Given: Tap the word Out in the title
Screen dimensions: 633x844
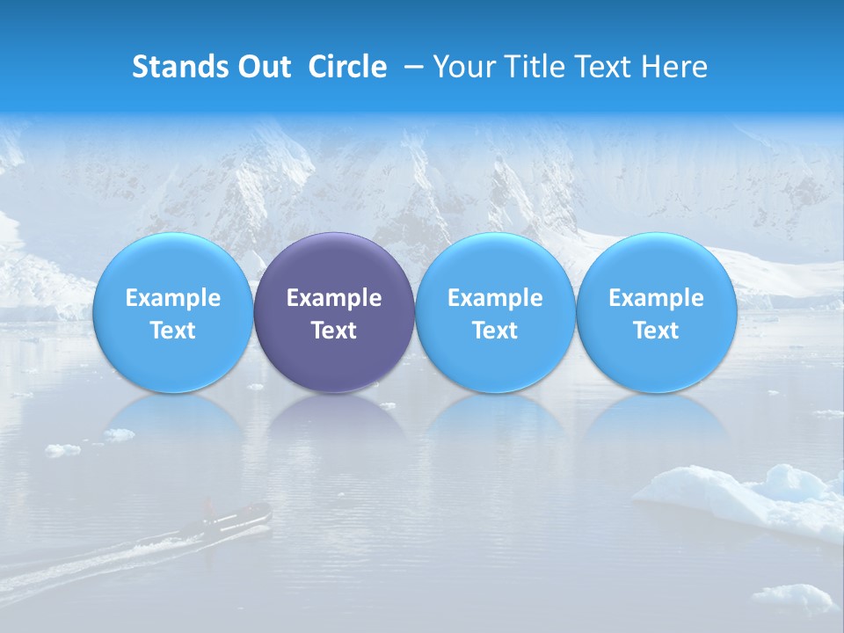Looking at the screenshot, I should (x=262, y=67).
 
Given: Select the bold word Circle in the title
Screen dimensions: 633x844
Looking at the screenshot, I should (x=347, y=67).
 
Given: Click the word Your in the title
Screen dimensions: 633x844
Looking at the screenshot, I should (x=461, y=67).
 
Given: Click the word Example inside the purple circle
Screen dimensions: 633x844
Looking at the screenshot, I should (x=334, y=298).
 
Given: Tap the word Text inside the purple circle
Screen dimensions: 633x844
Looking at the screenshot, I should (x=334, y=331).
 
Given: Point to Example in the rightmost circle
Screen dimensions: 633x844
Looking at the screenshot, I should (x=657, y=298).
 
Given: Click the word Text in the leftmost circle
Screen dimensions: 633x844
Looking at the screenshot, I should (x=172, y=331).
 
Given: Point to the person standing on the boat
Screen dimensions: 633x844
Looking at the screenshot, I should (x=208, y=508).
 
